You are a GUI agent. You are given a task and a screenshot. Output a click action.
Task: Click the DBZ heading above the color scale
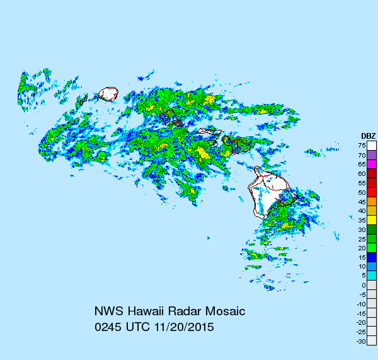368,136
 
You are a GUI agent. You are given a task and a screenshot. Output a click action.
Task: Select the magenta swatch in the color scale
372,164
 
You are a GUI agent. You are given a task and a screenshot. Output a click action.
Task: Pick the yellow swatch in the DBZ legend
372,220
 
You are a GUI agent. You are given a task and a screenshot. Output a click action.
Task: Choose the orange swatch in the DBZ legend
372,202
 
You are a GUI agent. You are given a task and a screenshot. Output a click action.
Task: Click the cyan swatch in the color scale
372,276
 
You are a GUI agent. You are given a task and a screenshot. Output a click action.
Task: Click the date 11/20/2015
183,328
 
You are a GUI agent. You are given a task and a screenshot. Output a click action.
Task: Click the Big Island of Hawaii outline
268,192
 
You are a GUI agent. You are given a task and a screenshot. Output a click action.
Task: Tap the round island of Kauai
109,95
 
